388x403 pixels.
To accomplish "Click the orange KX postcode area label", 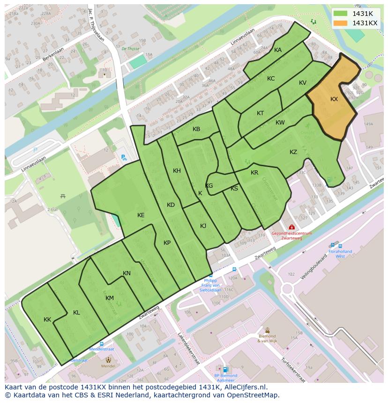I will tap(334, 99).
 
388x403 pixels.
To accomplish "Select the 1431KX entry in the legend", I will tap(365, 23).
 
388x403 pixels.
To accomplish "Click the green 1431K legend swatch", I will tap(341, 14).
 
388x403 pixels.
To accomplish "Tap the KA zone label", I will tap(278, 50).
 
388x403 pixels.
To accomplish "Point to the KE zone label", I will tap(141, 215).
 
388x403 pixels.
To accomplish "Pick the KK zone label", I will tap(47, 320).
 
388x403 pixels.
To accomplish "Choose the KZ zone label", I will tap(293, 152).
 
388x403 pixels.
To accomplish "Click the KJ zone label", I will tap(203, 226).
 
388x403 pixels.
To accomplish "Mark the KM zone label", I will tap(110, 298).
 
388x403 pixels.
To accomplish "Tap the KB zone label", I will tap(196, 129).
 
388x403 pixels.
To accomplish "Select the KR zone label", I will tap(254, 173).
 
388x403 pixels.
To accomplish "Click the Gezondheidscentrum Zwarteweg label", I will tap(291, 235).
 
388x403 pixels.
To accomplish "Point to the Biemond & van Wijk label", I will tap(268, 338).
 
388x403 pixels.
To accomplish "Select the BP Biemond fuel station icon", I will tap(225, 369).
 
